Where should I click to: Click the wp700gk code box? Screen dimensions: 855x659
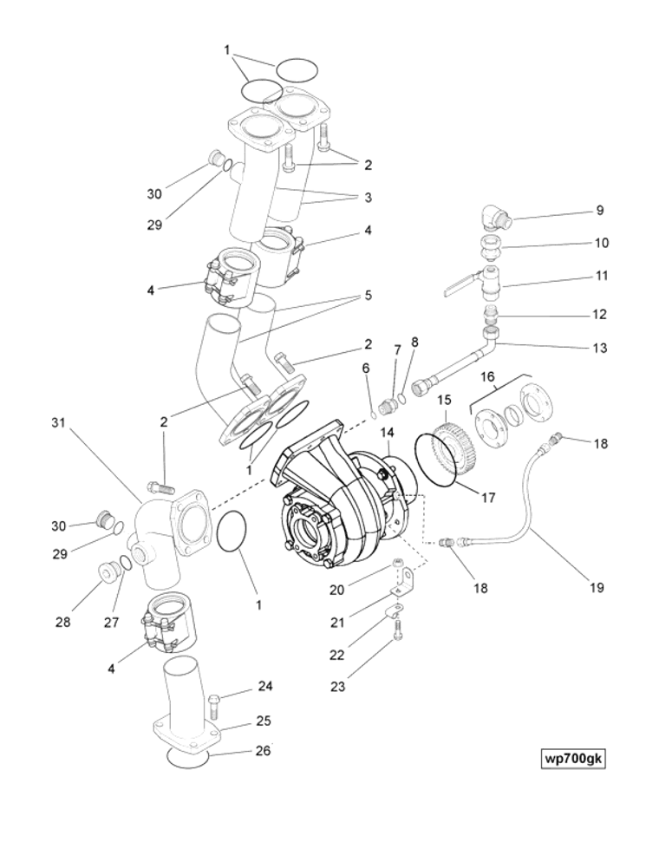pos(572,759)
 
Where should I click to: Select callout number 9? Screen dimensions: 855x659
pos(599,211)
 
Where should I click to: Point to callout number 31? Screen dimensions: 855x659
pos(58,422)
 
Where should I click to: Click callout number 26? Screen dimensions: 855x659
pos(264,751)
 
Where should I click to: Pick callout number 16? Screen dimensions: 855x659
pos(487,376)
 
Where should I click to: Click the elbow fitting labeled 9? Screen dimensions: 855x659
pos(494,217)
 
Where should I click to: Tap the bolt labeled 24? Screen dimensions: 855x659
pos(216,698)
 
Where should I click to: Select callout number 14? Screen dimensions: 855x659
pos(387,431)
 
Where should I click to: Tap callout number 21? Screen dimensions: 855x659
pos(337,623)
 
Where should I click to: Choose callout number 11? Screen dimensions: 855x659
pos(600,277)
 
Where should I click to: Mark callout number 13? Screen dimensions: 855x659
pos(600,348)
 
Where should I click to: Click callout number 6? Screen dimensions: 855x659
pos(366,368)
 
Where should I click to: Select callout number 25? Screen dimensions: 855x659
pos(264,721)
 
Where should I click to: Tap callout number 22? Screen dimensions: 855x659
pos(337,656)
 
